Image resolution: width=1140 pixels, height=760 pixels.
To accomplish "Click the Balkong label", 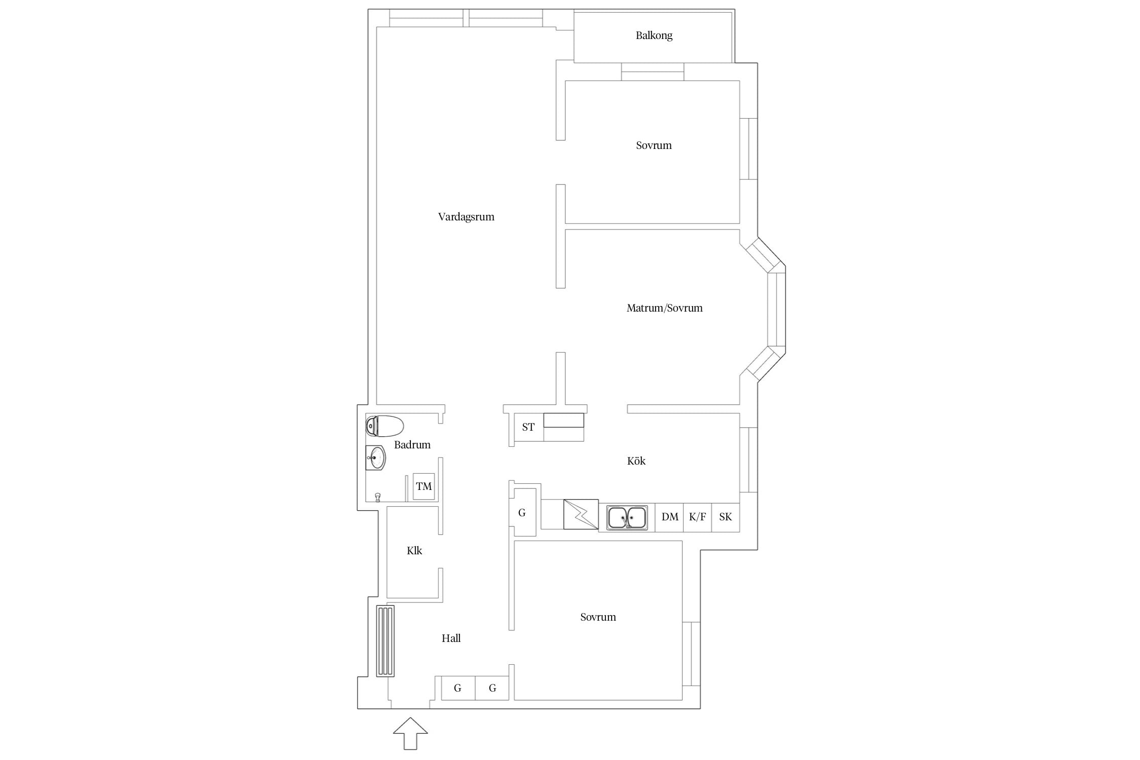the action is [x=654, y=36].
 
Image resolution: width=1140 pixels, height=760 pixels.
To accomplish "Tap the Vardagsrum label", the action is [x=466, y=217].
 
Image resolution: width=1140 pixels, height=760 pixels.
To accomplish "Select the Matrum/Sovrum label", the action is [x=665, y=308].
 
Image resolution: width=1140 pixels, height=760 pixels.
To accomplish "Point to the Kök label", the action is [x=636, y=461].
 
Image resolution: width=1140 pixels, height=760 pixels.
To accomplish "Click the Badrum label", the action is [x=412, y=445].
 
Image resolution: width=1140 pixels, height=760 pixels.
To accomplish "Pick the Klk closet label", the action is [x=414, y=551].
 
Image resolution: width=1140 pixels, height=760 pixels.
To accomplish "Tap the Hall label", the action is [x=451, y=638].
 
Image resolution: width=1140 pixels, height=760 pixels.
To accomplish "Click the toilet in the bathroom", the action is [x=385, y=426].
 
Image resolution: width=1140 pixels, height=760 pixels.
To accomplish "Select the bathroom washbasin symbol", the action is [x=376, y=458].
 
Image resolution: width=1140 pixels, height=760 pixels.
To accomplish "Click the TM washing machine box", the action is [x=424, y=486].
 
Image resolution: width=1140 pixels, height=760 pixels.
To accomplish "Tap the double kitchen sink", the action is [x=627, y=518].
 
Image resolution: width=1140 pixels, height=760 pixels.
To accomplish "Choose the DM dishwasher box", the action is [x=669, y=517].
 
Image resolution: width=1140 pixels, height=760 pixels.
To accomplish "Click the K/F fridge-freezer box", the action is [x=697, y=517].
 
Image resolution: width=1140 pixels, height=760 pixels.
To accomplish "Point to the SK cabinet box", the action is [x=726, y=517].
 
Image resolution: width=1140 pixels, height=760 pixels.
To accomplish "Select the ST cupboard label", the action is [x=528, y=428].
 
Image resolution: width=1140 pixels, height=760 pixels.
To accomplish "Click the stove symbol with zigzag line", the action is [x=581, y=515].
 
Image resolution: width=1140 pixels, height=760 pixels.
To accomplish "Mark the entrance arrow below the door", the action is [x=410, y=733].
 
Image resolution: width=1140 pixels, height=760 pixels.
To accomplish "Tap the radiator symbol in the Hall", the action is [x=386, y=641].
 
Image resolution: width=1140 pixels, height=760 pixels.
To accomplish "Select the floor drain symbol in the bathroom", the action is [x=377, y=497].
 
